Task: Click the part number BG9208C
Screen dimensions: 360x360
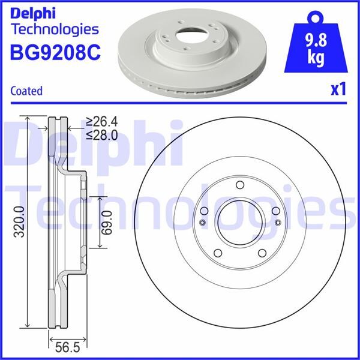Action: (55, 53)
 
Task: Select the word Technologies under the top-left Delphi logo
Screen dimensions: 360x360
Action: (55, 29)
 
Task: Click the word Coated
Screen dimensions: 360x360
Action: (27, 91)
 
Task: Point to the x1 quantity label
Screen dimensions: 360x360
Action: (338, 91)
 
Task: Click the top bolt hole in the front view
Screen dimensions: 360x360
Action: (239, 185)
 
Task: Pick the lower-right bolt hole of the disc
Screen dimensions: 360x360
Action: (262, 253)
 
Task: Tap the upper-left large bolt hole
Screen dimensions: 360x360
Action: (205, 211)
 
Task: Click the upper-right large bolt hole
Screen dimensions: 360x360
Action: (275, 211)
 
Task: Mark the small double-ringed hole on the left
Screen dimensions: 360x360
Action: (202, 224)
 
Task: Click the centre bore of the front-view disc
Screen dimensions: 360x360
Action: (239, 222)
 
